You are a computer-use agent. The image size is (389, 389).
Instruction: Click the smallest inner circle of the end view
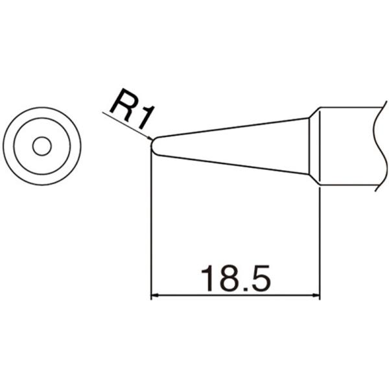click(42, 147)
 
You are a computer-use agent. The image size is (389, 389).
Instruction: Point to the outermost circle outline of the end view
click(42, 108)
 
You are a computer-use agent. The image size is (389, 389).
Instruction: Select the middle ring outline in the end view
click(42, 119)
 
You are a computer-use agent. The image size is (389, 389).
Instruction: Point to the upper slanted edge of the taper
click(233, 127)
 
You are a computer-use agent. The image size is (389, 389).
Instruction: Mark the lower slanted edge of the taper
click(233, 165)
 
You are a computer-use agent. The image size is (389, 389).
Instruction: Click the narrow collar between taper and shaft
click(314, 146)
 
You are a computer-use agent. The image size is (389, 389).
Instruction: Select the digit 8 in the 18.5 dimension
click(222, 278)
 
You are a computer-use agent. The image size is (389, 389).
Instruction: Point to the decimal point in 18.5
click(240, 289)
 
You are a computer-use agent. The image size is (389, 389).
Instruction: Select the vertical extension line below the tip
click(151, 227)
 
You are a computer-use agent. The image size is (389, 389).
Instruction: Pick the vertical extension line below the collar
click(320, 240)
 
